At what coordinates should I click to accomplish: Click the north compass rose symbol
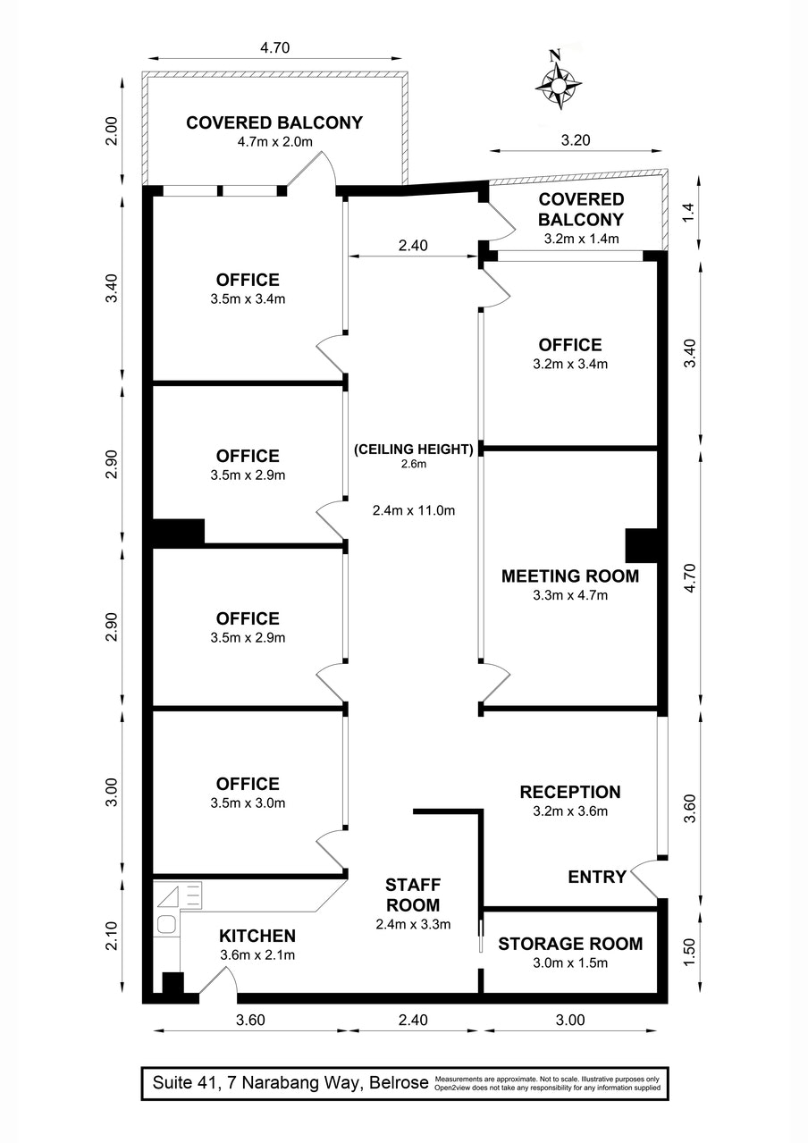tap(558, 81)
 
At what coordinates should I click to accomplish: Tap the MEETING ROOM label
tap(569, 576)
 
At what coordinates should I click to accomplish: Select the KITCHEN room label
tap(257, 936)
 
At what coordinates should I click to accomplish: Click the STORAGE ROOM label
tap(569, 944)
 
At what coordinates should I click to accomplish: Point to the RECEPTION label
tap(569, 792)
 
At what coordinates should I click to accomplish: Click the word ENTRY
tap(597, 877)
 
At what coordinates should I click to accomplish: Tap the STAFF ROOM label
tap(412, 895)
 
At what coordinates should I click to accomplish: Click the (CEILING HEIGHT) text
tap(413, 450)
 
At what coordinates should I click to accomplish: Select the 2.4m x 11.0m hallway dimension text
tap(413, 511)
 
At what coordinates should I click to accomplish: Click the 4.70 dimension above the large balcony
tap(274, 47)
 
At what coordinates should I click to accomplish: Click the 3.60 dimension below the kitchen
tap(249, 1020)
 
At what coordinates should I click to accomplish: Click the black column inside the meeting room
tap(641, 545)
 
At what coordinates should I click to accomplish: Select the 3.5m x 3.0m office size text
tap(247, 803)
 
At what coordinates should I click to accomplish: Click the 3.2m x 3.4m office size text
tap(569, 364)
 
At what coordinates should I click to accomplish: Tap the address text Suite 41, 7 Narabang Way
tap(286, 1083)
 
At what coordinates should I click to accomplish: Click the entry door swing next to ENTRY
tap(645, 880)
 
